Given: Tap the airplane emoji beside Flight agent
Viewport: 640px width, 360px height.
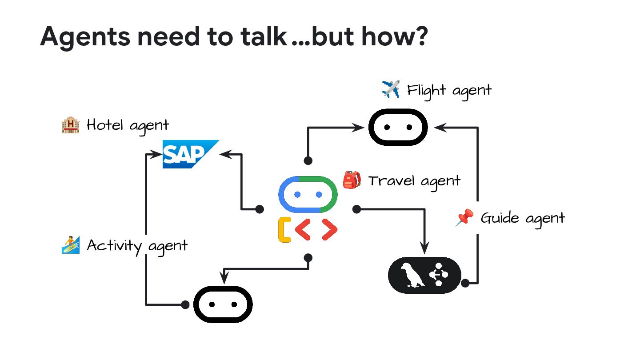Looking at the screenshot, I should pos(390,89).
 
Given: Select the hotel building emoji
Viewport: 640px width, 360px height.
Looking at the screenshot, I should pos(70,125).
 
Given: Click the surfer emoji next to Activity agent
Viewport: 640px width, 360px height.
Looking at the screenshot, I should pos(70,245).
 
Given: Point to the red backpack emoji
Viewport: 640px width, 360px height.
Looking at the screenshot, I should pos(352,180).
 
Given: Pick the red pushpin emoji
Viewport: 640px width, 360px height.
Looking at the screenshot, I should pos(465,218).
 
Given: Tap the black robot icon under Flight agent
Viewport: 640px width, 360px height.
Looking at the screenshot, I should pos(398,127).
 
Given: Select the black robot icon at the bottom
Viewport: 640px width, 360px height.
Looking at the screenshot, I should pos(223,304).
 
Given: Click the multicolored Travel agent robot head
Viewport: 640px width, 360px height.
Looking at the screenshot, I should pos(308,195).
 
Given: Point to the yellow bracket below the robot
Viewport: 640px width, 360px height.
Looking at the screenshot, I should pos(284,230).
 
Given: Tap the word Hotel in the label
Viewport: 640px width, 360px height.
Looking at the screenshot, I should pos(105,125).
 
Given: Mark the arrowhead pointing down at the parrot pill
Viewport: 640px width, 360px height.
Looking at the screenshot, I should pos(425,250).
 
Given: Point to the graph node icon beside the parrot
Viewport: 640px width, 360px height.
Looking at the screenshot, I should pos(439,275).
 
